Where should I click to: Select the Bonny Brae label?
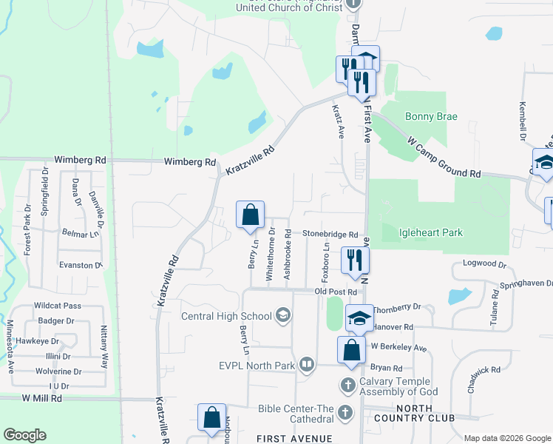pos(431,117)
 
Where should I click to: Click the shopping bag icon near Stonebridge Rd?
pos(251,215)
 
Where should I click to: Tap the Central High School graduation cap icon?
pos(282,317)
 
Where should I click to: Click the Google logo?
pos(24,435)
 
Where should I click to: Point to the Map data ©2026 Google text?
pos(506,438)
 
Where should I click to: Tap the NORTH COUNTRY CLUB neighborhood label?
pos(424,414)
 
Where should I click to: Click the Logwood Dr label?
pos(484,263)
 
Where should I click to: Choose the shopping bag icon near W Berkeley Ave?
pos(351,350)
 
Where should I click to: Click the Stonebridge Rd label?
pos(330,234)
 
